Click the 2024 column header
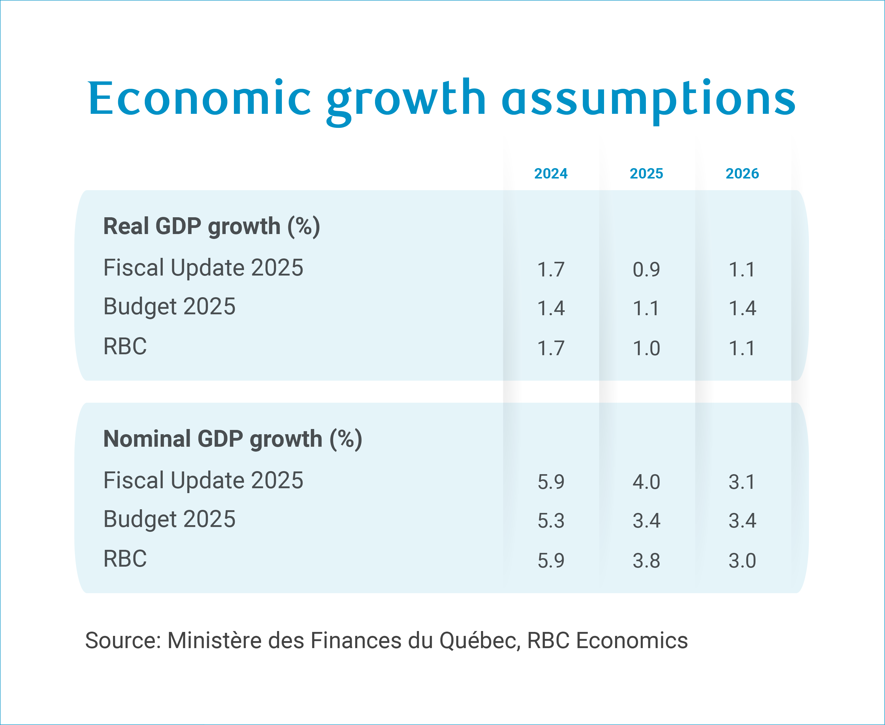551,173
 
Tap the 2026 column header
742,173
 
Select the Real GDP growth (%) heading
211,226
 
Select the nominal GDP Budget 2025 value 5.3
551,521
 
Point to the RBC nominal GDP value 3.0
742,561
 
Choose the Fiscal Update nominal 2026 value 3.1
742,482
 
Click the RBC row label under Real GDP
125,346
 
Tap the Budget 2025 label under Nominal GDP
169,519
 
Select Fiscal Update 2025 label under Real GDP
203,268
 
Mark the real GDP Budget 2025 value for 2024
551,308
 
